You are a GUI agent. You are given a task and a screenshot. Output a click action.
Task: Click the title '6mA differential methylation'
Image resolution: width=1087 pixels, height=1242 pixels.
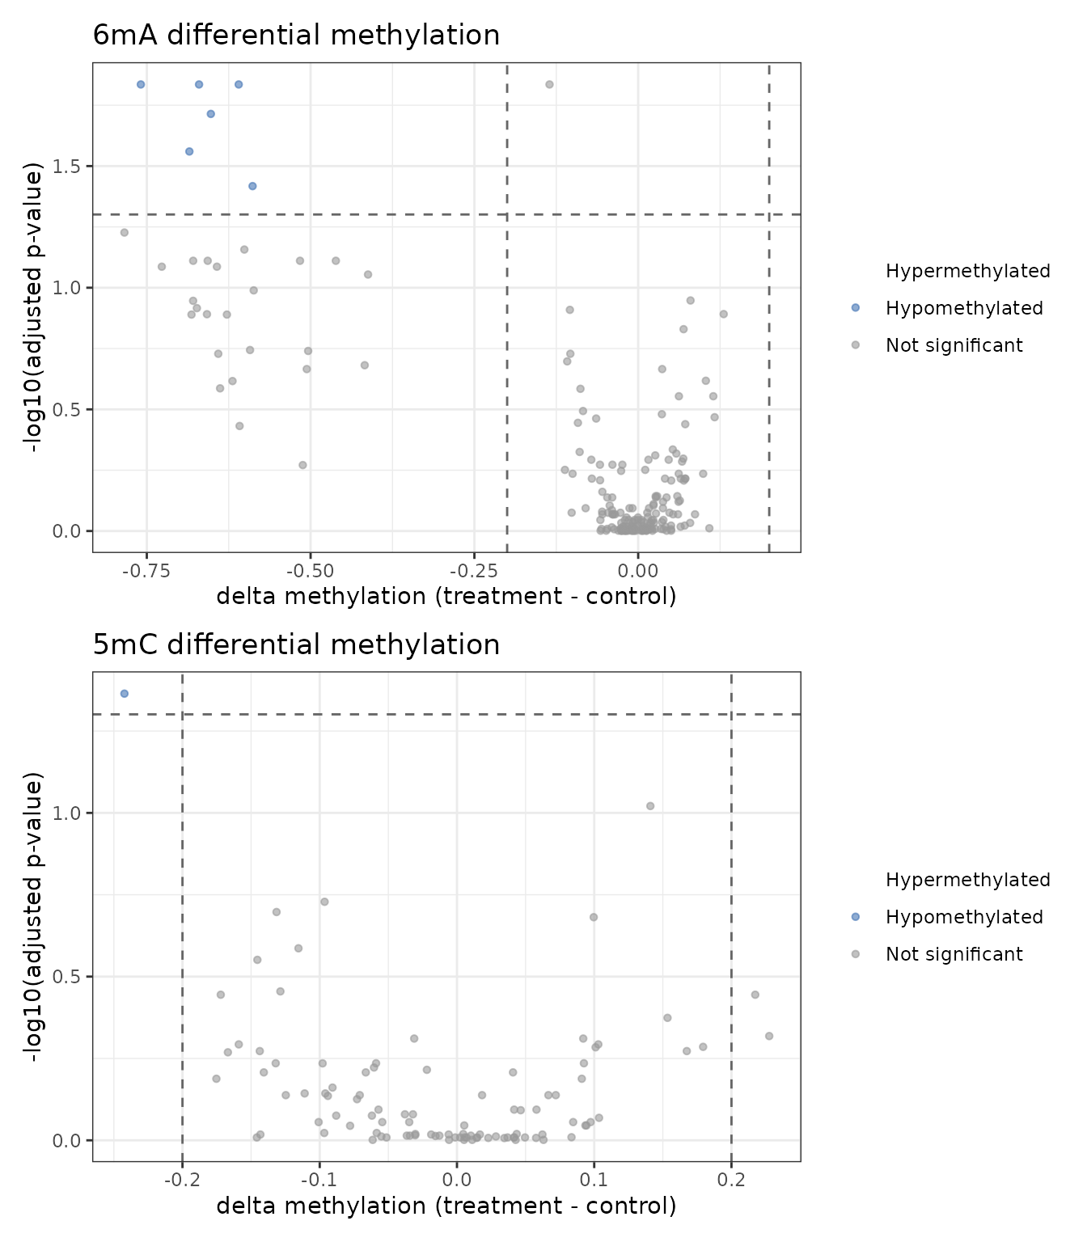pos(296,36)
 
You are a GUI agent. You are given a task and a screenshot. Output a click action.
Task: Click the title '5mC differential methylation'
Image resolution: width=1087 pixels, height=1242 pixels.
pos(296,645)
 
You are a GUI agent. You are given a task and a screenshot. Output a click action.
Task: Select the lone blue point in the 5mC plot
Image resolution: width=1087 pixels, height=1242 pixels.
pos(125,694)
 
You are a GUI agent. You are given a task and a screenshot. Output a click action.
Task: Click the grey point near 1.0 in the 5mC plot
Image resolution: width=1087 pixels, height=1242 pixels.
pos(650,806)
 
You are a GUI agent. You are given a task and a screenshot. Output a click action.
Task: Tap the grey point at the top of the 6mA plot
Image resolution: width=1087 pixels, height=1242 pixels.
pos(549,84)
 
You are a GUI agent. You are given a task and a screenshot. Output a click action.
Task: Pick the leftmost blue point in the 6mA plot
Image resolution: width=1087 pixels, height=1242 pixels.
pos(141,84)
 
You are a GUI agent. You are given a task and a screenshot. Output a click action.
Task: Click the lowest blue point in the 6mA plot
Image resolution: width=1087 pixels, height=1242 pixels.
pos(252,186)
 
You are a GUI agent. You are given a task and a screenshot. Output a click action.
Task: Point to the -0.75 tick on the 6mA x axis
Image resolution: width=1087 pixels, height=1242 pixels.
pos(146,571)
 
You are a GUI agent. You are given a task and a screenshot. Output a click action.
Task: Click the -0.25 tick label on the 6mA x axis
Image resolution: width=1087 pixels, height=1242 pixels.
pos(474,571)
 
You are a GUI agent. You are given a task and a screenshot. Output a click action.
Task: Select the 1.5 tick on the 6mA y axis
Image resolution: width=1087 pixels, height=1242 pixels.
pos(69,166)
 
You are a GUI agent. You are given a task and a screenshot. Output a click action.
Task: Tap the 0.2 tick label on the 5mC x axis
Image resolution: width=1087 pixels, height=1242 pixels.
pos(731,1180)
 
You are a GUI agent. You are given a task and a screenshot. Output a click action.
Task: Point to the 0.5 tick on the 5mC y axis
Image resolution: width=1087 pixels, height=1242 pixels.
pos(69,977)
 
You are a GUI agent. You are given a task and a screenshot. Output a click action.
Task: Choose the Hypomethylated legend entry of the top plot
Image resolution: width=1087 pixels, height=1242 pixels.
pos(964,308)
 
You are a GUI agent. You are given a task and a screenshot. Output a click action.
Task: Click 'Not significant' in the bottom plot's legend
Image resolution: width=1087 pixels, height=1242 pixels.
pos(954,954)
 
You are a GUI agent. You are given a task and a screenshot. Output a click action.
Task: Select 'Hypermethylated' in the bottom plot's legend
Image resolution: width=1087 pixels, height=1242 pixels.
pos(967,880)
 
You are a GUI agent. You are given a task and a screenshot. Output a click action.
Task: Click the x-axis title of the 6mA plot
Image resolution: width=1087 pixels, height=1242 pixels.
pos(446,597)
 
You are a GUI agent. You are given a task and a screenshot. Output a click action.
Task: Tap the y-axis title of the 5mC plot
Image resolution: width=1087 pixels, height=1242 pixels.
pos(33,917)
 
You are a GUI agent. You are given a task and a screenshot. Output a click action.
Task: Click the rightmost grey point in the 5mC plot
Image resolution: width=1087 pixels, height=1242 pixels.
pos(769,1036)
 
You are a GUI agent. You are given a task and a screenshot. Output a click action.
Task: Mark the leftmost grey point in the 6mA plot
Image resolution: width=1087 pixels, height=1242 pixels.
pos(125,233)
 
